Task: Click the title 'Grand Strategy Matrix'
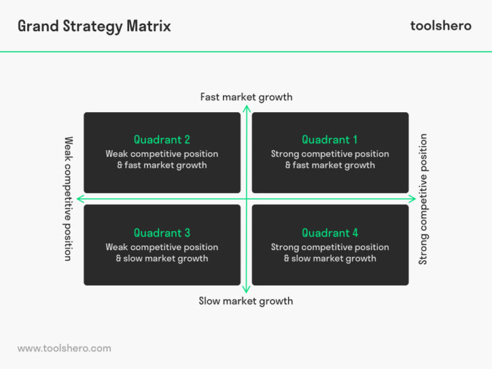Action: pos(94,26)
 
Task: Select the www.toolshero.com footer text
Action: pos(64,348)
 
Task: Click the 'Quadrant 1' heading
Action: pos(330,140)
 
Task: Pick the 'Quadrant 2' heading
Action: pos(162,140)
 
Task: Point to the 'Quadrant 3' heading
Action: pos(162,233)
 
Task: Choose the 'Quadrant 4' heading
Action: pos(330,233)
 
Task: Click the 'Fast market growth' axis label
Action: pos(246,97)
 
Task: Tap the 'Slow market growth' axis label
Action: pos(246,301)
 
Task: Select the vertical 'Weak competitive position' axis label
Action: pos(68,199)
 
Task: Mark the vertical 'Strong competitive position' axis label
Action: pos(424,199)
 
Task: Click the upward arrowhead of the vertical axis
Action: pos(246,108)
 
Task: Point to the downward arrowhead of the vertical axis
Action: pos(246,289)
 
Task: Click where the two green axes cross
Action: pos(246,199)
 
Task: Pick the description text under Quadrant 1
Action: pos(330,159)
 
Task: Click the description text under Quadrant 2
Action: pos(162,159)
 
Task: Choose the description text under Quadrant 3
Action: pos(162,253)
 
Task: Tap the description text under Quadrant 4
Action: pos(330,253)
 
